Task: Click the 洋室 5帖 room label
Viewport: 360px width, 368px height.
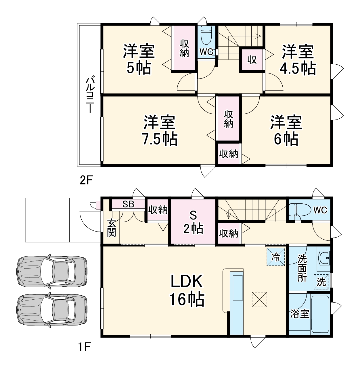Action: (139, 59)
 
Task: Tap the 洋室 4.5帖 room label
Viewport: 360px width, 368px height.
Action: (298, 59)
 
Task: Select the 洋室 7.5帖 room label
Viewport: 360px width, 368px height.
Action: (160, 131)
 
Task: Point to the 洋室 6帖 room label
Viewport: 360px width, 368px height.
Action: (286, 131)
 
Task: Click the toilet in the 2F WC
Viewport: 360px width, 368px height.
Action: (206, 36)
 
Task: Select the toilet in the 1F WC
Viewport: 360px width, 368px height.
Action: (299, 210)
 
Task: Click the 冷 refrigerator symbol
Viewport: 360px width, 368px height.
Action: (275, 257)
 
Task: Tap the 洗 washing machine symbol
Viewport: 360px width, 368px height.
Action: (321, 282)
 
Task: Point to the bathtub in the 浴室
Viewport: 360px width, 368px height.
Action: (320, 314)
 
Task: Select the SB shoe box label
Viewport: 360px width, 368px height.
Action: (128, 204)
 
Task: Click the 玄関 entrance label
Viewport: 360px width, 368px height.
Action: (112, 228)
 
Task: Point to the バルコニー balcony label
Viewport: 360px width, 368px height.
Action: (90, 94)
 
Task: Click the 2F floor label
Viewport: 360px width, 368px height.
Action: (86, 180)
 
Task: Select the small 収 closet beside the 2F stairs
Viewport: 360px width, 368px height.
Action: (252, 60)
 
